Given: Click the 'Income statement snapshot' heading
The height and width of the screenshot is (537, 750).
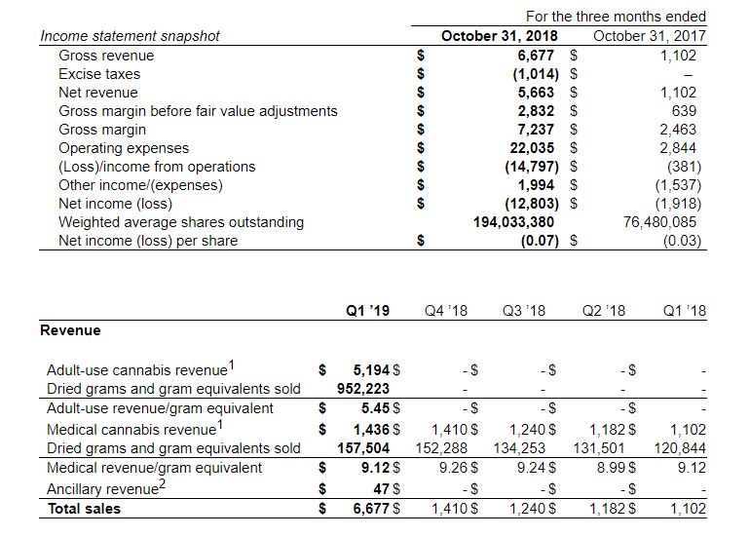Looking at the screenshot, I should point(130,36).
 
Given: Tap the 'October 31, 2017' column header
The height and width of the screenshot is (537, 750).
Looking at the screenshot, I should point(650,36).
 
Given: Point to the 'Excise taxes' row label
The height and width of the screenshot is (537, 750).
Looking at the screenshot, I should point(99,74).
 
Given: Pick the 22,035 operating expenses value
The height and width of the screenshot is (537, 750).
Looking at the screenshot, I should point(534,148).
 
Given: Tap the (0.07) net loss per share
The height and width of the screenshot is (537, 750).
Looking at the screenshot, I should point(535,241).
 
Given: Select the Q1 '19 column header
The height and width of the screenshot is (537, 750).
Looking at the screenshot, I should point(367,311).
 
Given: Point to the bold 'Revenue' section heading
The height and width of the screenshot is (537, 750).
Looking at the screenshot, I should point(70,330).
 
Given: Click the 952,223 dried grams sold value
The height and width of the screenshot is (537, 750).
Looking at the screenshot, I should point(357,389).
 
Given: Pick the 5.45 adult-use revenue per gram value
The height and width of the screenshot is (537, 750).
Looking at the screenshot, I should point(375,408).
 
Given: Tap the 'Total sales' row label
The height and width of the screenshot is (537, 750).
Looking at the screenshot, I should point(84,508).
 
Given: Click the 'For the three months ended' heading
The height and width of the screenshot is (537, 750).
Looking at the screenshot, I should point(616,17).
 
